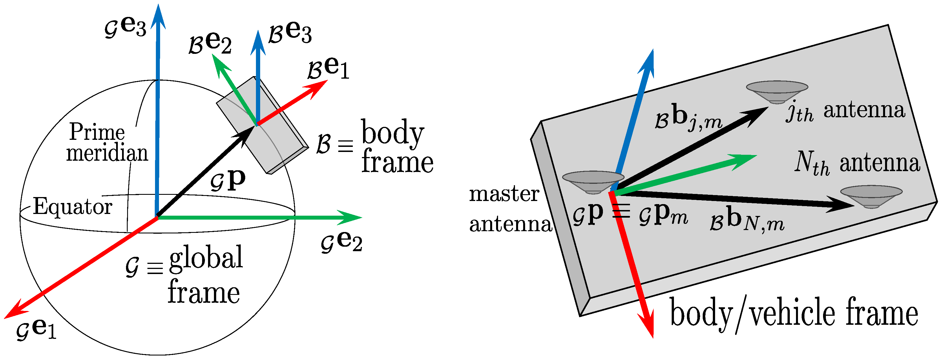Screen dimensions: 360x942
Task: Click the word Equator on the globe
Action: pyautogui.click(x=72, y=207)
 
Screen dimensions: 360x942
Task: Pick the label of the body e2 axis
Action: pyautogui.click(x=210, y=43)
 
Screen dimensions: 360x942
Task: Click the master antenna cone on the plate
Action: pyautogui.click(x=593, y=181)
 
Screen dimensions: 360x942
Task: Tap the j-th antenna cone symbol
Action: pyautogui.click(x=777, y=91)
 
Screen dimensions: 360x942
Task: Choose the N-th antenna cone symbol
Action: pyautogui.click(x=871, y=196)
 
